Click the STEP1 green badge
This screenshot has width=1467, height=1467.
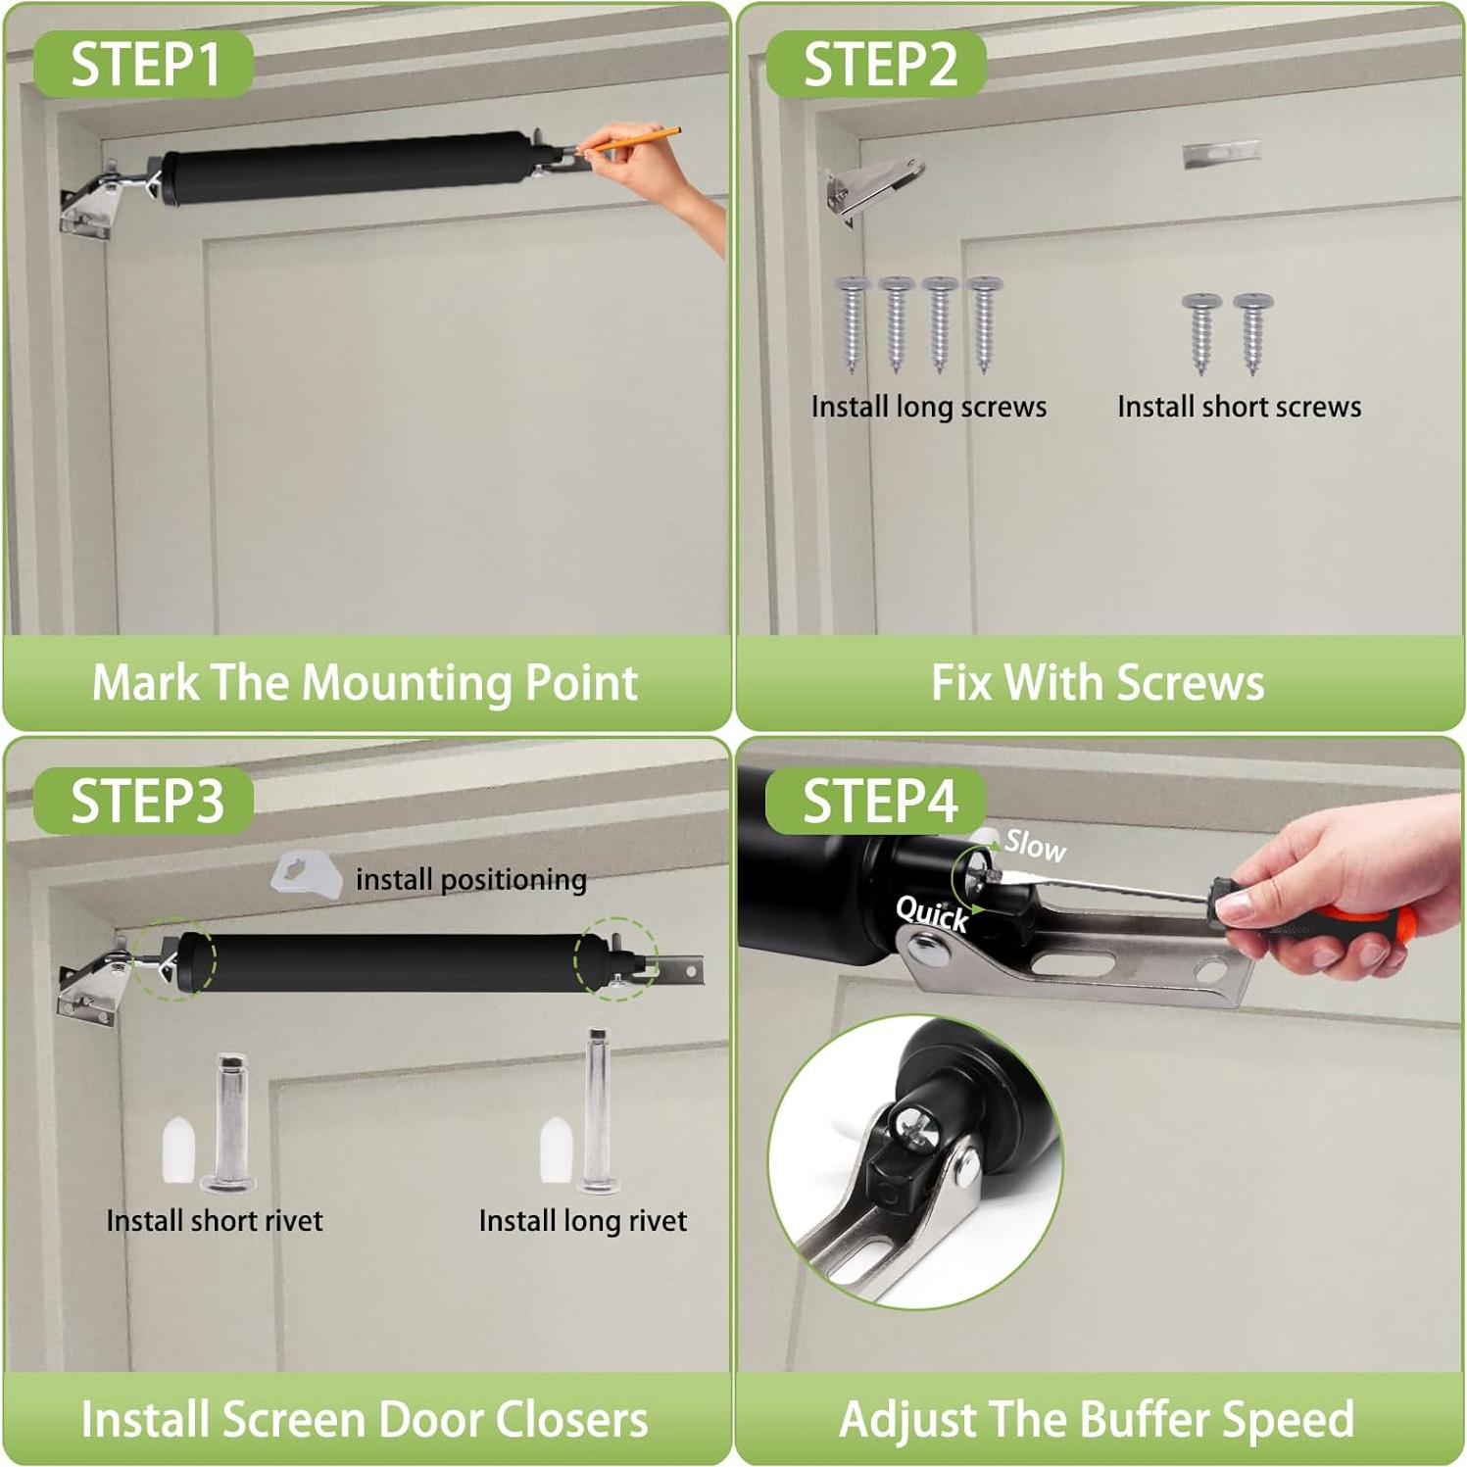click(x=144, y=64)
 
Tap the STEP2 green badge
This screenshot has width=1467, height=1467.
click(x=876, y=64)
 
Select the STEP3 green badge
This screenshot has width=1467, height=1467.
click(x=144, y=801)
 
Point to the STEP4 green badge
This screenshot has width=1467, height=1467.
click(x=876, y=801)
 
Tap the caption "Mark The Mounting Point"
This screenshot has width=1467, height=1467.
click(x=365, y=683)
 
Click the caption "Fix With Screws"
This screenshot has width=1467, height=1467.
click(x=1098, y=683)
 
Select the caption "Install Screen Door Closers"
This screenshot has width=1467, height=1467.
click(x=365, y=1420)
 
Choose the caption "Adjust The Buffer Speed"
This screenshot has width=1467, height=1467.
click(x=1097, y=1420)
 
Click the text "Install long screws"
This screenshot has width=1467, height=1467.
click(x=929, y=407)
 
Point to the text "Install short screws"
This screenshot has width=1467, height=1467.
click(x=1240, y=407)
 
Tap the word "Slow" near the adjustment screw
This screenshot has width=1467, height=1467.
click(x=1035, y=846)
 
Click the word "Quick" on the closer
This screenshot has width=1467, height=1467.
click(x=932, y=914)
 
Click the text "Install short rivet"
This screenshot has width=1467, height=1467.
click(x=215, y=1221)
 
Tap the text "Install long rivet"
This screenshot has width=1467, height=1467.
click(x=583, y=1221)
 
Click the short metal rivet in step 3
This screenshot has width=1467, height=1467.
click(x=228, y=1122)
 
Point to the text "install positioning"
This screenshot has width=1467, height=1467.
click(x=471, y=880)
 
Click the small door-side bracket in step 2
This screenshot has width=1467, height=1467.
click(x=1220, y=153)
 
